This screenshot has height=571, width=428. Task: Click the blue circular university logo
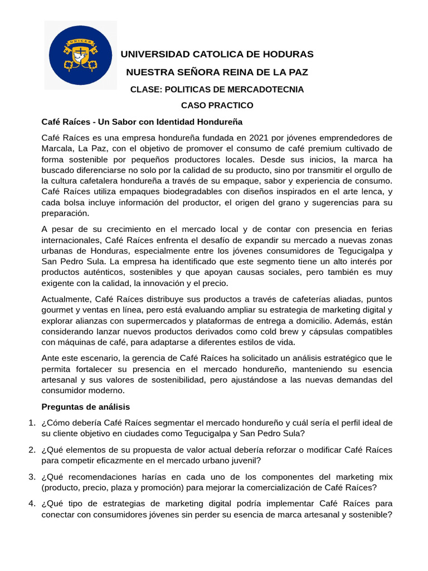(80, 55)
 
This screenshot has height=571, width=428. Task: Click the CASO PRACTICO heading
(217, 105)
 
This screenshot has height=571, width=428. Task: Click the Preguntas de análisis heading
(86, 407)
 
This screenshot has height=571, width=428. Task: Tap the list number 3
(32, 477)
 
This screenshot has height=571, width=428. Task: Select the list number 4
(32, 504)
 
